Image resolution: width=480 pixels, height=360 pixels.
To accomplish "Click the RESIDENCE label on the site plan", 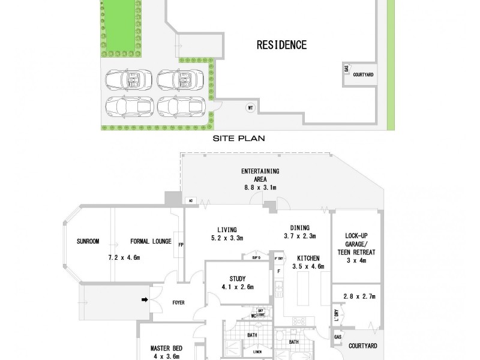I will pos(281,44).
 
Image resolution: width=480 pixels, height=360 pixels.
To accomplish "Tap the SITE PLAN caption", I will pos(239,137).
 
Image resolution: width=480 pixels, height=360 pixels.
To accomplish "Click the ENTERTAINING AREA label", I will pos(260,175).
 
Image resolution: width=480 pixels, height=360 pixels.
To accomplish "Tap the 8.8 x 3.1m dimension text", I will pos(260,187).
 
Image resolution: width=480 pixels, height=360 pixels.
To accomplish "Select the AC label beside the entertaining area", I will pos(191,200).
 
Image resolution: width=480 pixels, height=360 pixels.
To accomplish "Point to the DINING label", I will pos(299,227).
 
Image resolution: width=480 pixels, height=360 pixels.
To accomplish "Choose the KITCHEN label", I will pos(308,258).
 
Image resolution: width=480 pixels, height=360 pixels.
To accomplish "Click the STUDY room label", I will pos(237,278).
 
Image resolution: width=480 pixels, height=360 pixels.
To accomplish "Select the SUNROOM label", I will pos(88,242).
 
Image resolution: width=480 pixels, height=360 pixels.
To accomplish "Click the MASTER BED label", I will pos(166,348).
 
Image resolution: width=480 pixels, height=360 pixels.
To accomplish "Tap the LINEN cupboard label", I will pos(257,352).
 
